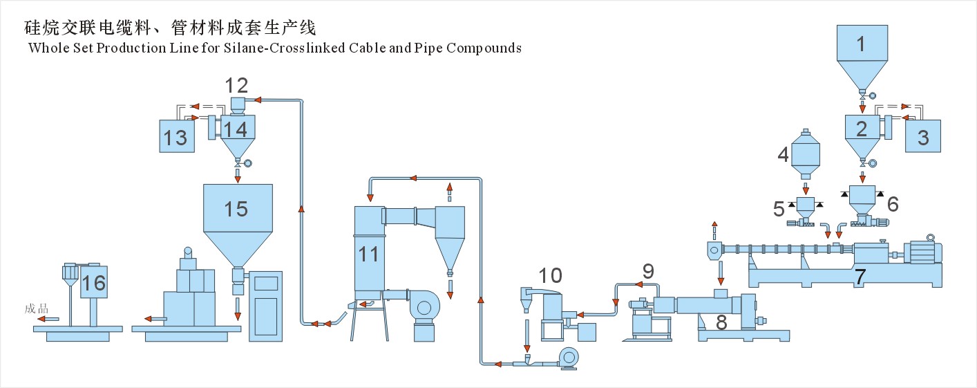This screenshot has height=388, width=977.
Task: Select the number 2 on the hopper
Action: [862, 128]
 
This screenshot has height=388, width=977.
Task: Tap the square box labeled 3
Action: [923, 136]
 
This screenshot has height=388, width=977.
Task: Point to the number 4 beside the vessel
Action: [783, 154]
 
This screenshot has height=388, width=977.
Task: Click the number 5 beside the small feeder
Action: [779, 208]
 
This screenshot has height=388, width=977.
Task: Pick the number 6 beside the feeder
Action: [893, 203]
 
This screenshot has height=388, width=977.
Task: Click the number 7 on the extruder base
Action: [860, 277]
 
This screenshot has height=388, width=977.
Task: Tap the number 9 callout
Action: [648, 271]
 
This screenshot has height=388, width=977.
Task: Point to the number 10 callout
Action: [551, 275]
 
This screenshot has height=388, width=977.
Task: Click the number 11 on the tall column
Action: [368, 254]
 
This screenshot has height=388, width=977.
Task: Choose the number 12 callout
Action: [237, 86]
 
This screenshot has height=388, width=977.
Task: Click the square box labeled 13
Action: [176, 136]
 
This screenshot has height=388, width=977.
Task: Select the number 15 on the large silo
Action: [236, 208]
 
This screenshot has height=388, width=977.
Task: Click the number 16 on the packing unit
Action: [93, 282]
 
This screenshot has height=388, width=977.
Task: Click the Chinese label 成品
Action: [35, 309]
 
